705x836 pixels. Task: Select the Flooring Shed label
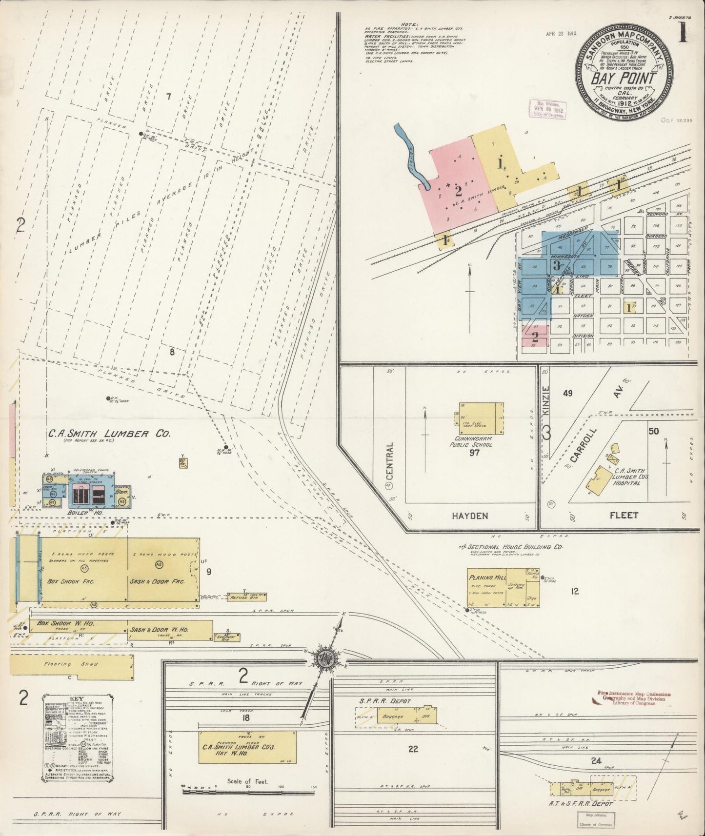point(64,664)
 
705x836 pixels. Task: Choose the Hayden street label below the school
point(469,515)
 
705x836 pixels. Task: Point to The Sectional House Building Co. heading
point(511,547)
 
